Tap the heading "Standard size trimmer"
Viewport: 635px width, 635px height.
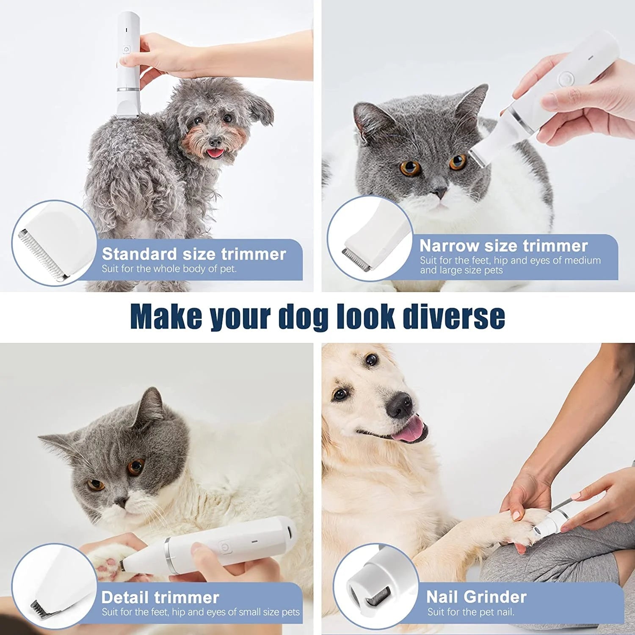pyautogui.click(x=194, y=254)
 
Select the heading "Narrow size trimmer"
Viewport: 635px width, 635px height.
pyautogui.click(x=503, y=246)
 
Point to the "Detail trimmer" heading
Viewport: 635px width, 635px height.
pyautogui.click(x=160, y=597)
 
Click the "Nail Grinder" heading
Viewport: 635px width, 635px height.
pyautogui.click(x=476, y=597)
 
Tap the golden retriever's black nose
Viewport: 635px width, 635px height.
pyautogui.click(x=399, y=404)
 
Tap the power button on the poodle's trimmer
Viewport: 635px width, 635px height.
pyautogui.click(x=126, y=50)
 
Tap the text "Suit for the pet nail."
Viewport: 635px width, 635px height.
pyautogui.click(x=471, y=612)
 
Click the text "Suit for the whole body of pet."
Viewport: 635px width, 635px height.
pyautogui.click(x=169, y=269)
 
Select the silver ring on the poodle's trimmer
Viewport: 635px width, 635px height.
pyautogui.click(x=128, y=89)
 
